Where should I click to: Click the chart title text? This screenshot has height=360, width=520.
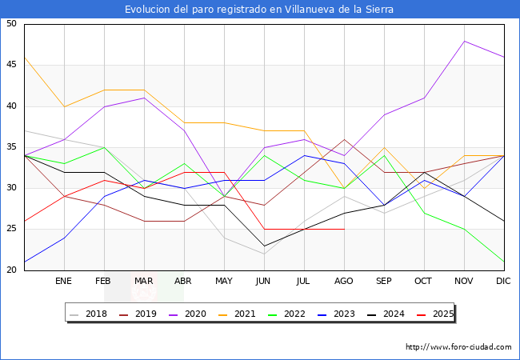coord(259,10)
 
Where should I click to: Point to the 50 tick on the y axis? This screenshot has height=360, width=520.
coord(11,24)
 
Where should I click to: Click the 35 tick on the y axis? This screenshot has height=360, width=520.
coord(11,147)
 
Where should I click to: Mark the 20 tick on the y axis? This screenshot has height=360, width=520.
coord(11,270)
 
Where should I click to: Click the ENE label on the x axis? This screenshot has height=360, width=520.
coord(64,282)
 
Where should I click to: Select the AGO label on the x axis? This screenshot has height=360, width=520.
coord(344,282)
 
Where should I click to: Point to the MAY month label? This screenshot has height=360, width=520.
coord(224,282)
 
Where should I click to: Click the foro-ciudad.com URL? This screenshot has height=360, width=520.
coord(458,347)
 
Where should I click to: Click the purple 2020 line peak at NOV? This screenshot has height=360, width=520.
coord(464,41)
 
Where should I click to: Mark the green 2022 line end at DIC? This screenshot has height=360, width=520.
coord(504,262)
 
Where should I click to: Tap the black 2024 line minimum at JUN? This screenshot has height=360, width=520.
coord(264,246)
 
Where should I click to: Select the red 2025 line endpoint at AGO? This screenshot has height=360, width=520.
coord(344,229)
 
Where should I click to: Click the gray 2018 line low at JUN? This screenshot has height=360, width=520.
coord(264,254)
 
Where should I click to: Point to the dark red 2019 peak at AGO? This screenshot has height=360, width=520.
coord(344,139)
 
